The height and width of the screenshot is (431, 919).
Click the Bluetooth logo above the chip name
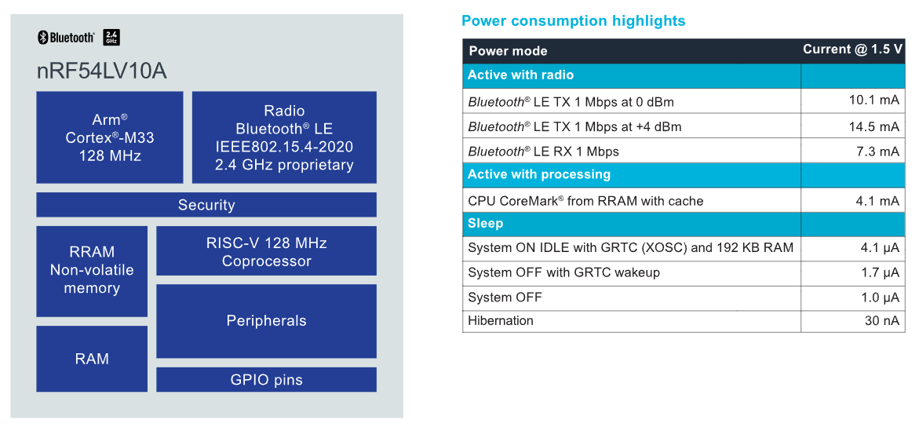[66, 38]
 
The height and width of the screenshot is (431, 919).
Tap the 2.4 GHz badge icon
[111, 38]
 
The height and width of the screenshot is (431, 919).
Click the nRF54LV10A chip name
[101, 71]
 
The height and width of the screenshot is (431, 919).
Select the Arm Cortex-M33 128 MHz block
[110, 137]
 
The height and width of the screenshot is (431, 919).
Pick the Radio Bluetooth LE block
[284, 137]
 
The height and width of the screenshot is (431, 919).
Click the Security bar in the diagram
[206, 205]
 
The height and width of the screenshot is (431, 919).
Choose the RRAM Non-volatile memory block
[92, 271]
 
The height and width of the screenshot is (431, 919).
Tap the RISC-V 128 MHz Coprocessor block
[267, 250]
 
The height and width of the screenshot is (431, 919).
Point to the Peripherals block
[267, 321]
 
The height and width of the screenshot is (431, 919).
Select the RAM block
[92, 358]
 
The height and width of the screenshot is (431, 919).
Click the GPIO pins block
[267, 379]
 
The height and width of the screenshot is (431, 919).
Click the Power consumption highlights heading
[573, 21]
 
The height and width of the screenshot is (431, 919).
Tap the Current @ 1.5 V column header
[853, 49]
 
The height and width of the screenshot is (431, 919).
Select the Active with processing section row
[684, 175]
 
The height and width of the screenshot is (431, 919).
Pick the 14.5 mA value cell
[853, 126]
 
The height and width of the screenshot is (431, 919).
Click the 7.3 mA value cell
[853, 151]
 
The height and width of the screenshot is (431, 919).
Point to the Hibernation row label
[501, 321]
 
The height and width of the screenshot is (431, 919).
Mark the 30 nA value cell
[853, 321]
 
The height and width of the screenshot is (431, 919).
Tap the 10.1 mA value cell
[853, 100]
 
